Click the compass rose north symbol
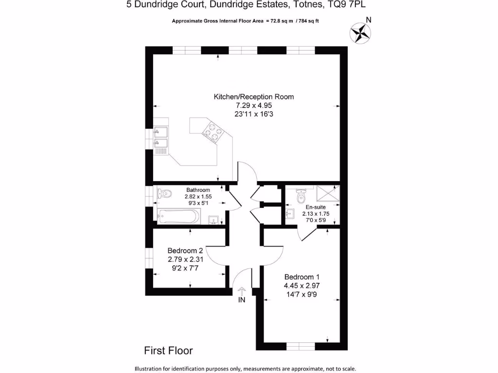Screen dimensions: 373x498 pyautogui.click(x=360, y=33)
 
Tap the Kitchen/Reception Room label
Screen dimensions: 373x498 pyautogui.click(x=254, y=97)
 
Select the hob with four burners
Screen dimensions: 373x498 pyautogui.click(x=213, y=131)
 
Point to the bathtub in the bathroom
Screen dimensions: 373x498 pyautogui.click(x=178, y=216)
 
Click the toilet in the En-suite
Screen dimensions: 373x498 pyautogui.click(x=301, y=197)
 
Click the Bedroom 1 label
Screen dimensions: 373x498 pyautogui.click(x=302, y=277)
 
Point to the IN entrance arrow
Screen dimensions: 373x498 pyautogui.click(x=242, y=291)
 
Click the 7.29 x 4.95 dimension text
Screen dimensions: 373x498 pyautogui.click(x=254, y=105)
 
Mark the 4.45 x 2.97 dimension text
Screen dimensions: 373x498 pyautogui.click(x=302, y=286)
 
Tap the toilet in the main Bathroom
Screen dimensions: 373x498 pyautogui.click(x=164, y=194)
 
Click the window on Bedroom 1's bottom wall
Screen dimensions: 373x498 pyautogui.click(x=300, y=346)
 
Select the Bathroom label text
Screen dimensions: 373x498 pyautogui.click(x=198, y=190)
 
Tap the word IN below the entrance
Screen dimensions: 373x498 pyautogui.click(x=242, y=301)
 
